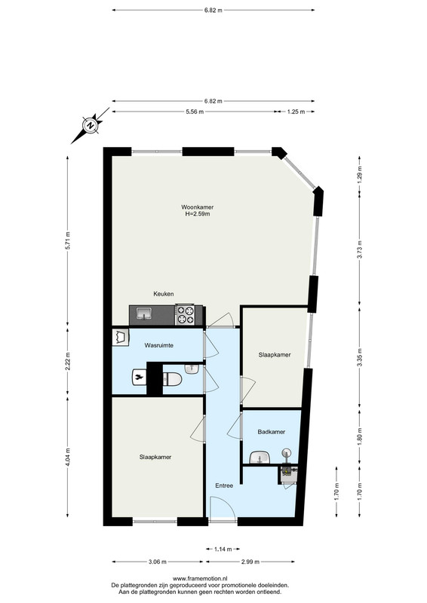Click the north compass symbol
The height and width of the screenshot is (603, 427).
pyautogui.click(x=90, y=126)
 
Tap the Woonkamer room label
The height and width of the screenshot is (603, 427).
pyautogui.click(x=198, y=207)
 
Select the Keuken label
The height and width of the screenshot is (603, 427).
pyautogui.click(x=164, y=294)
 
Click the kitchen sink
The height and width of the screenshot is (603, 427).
pyautogui.click(x=144, y=314)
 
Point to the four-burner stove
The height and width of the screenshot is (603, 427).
pyautogui.click(x=185, y=314)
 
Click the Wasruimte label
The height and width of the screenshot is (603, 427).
pyautogui.click(x=158, y=345)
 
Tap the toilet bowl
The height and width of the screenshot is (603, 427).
pyautogui.click(x=173, y=380)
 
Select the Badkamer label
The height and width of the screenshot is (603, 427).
pyautogui.click(x=272, y=432)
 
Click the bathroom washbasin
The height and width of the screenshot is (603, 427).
pyautogui.click(x=260, y=458)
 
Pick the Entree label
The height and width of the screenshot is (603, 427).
pyautogui.click(x=224, y=485)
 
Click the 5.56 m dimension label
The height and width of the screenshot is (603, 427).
pyautogui.click(x=195, y=112)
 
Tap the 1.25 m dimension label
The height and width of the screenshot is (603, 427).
pyautogui.click(x=296, y=112)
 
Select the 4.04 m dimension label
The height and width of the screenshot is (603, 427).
pyautogui.click(x=68, y=457)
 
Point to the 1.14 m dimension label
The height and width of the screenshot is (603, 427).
pyautogui.click(x=223, y=549)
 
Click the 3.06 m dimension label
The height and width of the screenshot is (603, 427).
pyautogui.click(x=158, y=562)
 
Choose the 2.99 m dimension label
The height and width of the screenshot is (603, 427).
pyautogui.click(x=250, y=562)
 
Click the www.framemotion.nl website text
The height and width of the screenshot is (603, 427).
pyautogui.click(x=200, y=578)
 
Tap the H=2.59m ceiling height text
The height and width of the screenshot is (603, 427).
pyautogui.click(x=198, y=214)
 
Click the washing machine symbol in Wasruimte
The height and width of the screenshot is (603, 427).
pyautogui.click(x=121, y=338)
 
